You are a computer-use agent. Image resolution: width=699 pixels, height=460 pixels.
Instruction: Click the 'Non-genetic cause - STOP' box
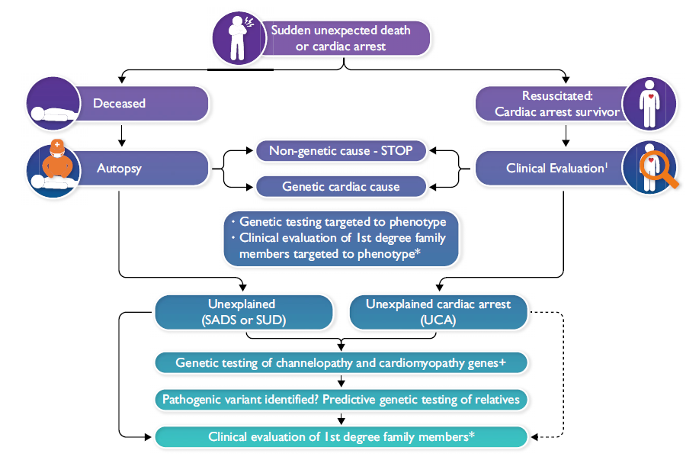[x=339, y=151]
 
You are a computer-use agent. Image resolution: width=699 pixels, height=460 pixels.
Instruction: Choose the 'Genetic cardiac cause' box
[x=339, y=186]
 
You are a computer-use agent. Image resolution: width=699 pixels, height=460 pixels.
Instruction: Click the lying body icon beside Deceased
[x=53, y=107]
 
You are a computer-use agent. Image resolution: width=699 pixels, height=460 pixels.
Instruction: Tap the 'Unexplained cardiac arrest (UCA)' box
[x=438, y=312]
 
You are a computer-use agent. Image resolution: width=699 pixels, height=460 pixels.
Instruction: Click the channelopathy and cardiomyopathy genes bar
[x=341, y=362]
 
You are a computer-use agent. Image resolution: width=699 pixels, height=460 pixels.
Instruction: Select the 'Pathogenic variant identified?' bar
[x=341, y=399]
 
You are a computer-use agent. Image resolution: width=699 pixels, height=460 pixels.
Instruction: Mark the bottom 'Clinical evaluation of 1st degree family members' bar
[x=341, y=437]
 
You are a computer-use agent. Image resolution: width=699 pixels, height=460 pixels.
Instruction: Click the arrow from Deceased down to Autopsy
[x=120, y=134]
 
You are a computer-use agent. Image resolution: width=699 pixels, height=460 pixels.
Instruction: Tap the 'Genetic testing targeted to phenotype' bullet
[x=341, y=222]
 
